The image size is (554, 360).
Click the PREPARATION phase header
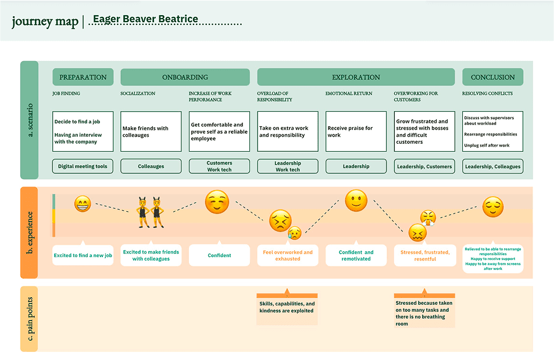(83, 77)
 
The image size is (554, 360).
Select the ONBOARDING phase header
(185, 77)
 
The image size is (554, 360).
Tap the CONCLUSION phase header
(492, 77)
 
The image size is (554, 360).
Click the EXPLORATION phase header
(356, 77)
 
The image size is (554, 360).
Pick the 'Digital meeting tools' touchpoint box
(83, 166)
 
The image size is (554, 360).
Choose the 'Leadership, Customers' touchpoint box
(424, 166)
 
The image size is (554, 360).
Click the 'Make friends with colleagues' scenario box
(151, 131)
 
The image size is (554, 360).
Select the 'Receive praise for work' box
(356, 131)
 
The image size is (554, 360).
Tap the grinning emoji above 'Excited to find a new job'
(83, 204)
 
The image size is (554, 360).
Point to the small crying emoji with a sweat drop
(294, 233)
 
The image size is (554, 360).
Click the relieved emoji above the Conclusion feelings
(493, 206)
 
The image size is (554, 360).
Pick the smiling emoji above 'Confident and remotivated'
(356, 201)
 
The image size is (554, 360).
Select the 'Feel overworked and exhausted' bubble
(288, 255)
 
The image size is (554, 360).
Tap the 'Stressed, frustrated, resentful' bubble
(425, 255)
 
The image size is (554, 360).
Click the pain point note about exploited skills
(287, 307)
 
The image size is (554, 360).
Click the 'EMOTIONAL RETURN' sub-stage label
(349, 94)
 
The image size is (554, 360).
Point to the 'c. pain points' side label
(30, 319)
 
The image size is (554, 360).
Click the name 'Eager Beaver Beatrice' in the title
(145, 19)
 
